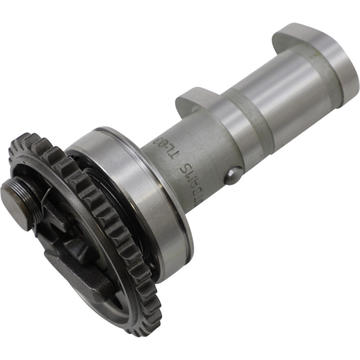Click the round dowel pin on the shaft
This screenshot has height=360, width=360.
pos(232,176)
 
